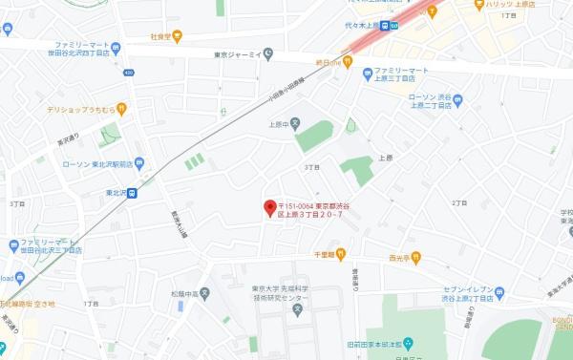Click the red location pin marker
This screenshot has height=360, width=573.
pyautogui.click(x=269, y=206)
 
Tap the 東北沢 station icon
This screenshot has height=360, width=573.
pyautogui.click(x=132, y=193)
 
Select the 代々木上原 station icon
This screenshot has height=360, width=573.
pyautogui.click(x=384, y=27)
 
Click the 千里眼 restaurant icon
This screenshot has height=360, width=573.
pyautogui.click(x=340, y=254)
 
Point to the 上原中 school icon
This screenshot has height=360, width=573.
pyautogui.click(x=295, y=123)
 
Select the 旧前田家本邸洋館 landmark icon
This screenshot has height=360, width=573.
pyautogui.click(x=408, y=344)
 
